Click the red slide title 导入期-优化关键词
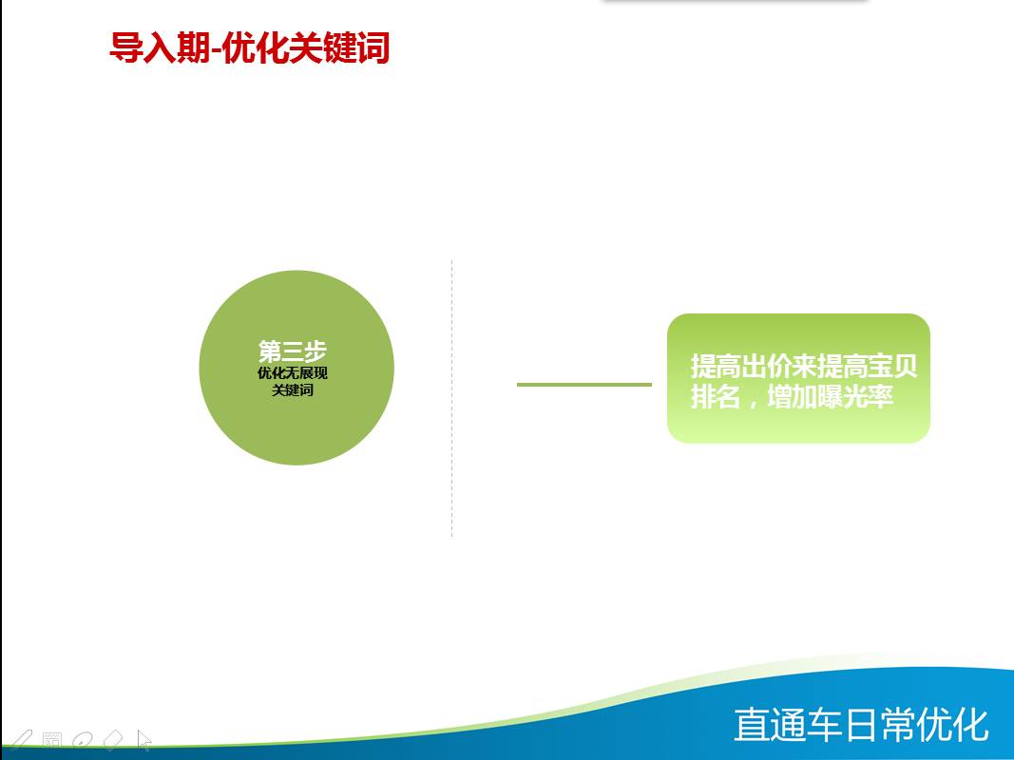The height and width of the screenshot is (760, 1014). coord(250,47)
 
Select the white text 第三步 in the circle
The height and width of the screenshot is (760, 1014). coord(293,351)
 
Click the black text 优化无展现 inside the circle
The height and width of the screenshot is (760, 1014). coord(293,373)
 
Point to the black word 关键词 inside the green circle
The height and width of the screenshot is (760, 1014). coord(293,390)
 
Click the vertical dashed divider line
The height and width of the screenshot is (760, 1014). coord(452,398)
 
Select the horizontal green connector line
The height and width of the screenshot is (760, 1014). coord(584,385)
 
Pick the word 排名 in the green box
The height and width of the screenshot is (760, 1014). coord(716,396)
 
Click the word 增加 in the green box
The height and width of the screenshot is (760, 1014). coord(792,396)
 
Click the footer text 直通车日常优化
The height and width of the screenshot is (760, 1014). coord(861,725)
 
